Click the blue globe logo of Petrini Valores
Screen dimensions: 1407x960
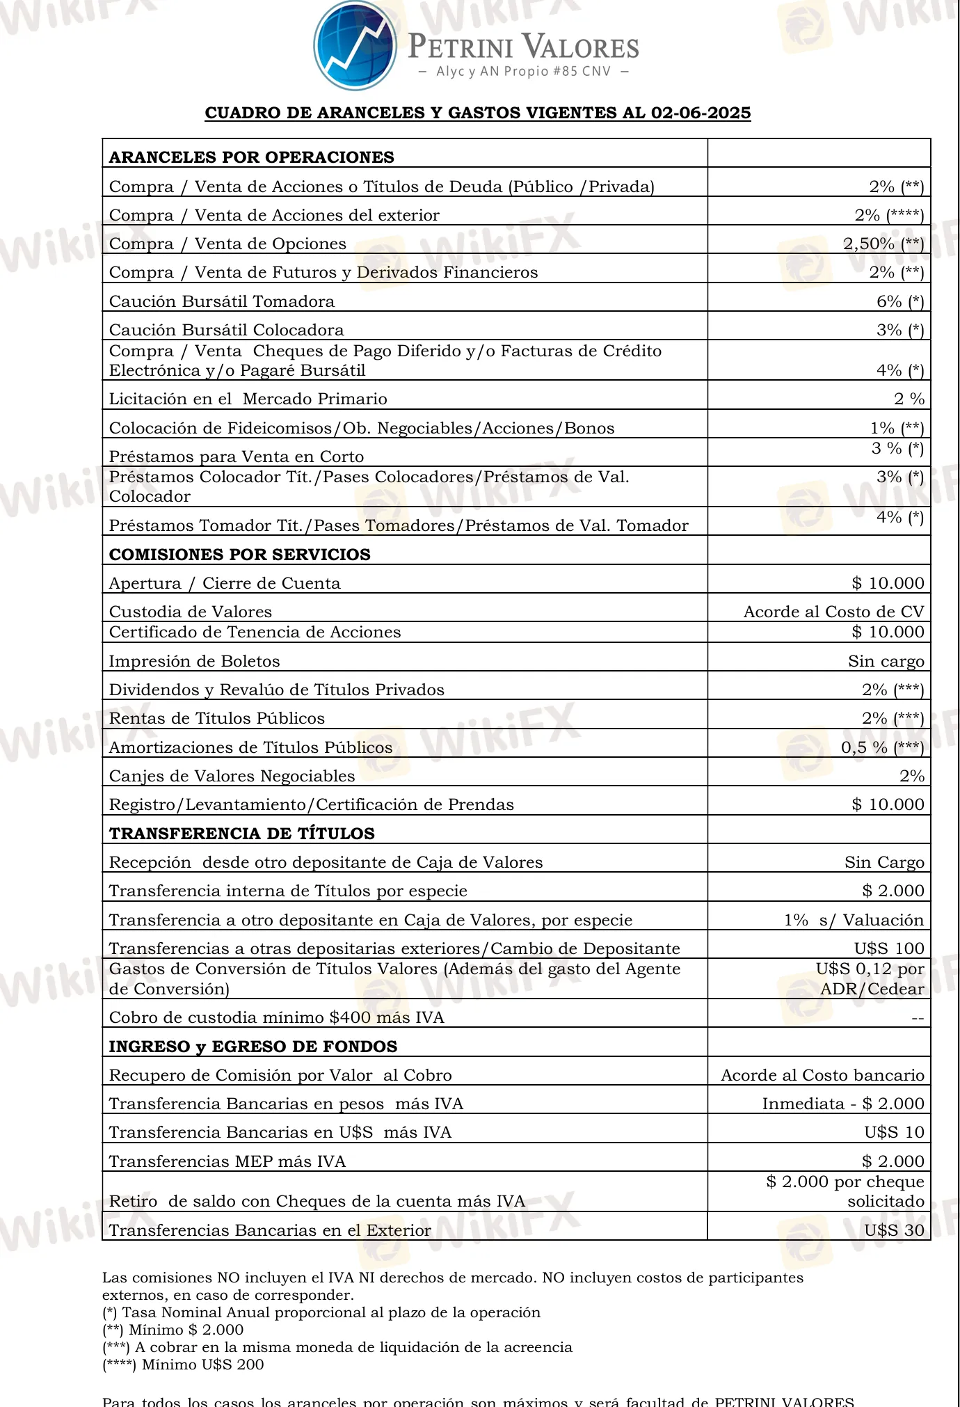pyautogui.click(x=355, y=45)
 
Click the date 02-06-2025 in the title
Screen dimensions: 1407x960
pyautogui.click(x=701, y=113)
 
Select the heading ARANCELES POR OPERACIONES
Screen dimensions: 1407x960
pyautogui.click(x=251, y=157)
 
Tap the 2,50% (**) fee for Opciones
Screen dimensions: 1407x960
pyautogui.click(x=883, y=244)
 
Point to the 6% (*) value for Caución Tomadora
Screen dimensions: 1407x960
pyautogui.click(x=900, y=301)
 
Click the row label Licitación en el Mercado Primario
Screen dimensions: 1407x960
pyautogui.click(x=248, y=399)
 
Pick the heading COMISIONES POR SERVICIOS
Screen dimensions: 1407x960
pyautogui.click(x=239, y=555)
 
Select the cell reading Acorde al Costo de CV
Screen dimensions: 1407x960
pyautogui.click(x=833, y=612)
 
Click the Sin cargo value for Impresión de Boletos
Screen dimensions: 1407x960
pyautogui.click(x=886, y=661)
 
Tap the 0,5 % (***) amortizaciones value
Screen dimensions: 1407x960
pyautogui.click(x=882, y=747)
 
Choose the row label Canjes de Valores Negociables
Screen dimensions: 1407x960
pyautogui.click(x=232, y=776)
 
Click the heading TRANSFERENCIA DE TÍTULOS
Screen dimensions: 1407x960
pyautogui.click(x=241, y=834)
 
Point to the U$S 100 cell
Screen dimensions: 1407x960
pyautogui.click(x=889, y=948)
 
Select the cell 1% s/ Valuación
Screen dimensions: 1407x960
pyautogui.click(x=854, y=920)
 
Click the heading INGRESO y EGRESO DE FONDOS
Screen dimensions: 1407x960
pyautogui.click(x=253, y=1047)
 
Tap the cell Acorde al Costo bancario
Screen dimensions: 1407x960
pyautogui.click(x=822, y=1075)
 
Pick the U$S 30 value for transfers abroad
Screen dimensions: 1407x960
pyautogui.click(x=894, y=1230)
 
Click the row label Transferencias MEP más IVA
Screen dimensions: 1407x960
pyautogui.click(x=227, y=1161)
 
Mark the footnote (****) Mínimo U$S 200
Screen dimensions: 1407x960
pyautogui.click(x=183, y=1365)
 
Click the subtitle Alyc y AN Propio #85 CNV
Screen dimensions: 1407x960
pyautogui.click(x=523, y=72)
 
